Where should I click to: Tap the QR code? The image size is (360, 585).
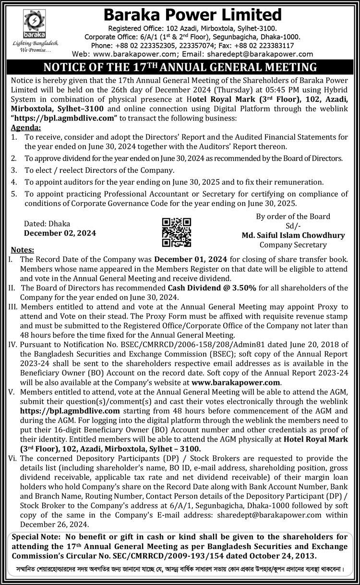point(176,232)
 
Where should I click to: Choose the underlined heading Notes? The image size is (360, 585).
point(22,250)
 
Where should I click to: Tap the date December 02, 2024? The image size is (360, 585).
point(60,233)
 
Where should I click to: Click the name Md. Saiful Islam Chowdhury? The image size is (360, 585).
point(293,235)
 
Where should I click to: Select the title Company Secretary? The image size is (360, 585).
point(293,245)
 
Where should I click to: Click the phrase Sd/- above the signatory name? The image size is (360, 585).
point(293,226)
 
